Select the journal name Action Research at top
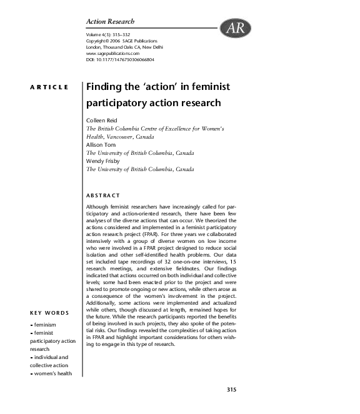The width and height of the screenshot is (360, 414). pyautogui.click(x=109, y=22)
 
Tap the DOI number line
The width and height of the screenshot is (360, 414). pyautogui.click(x=120, y=59)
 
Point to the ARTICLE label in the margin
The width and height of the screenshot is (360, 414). pyautogui.click(x=49, y=87)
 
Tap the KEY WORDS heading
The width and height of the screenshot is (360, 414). pyautogui.click(x=49, y=313)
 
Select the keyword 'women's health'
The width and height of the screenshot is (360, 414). pyautogui.click(x=52, y=373)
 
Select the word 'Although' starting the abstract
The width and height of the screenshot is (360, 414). pyautogui.click(x=97, y=205)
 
